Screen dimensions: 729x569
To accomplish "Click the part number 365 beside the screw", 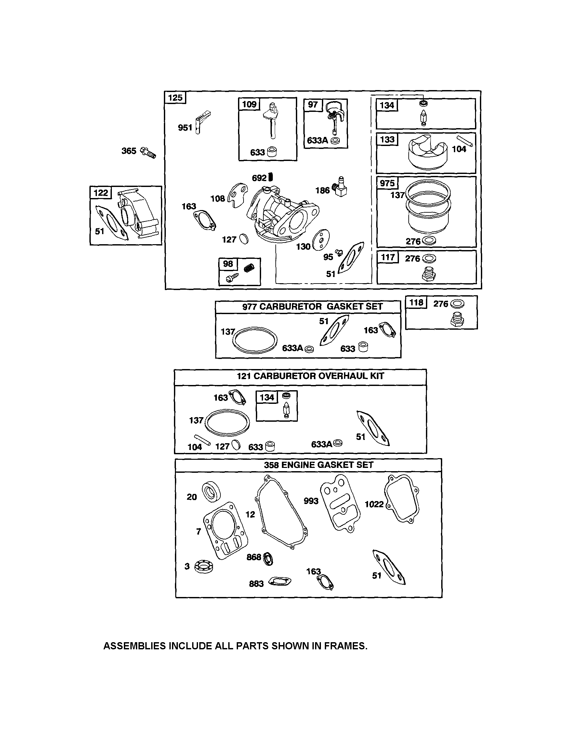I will click(x=128, y=151).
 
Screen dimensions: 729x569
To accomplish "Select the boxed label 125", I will click(x=175, y=98).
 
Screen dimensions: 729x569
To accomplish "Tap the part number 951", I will click(x=185, y=127).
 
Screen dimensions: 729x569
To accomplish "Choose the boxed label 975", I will click(x=387, y=183).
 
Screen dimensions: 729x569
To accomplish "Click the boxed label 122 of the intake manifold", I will click(x=101, y=192).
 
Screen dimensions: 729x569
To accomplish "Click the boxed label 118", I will click(x=416, y=302).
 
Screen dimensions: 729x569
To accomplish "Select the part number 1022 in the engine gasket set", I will click(x=374, y=504).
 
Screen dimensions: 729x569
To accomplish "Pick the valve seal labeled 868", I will click(x=268, y=559).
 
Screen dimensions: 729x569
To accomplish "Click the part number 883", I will click(x=256, y=583).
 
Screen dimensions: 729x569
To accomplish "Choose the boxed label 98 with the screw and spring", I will click(x=228, y=264).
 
